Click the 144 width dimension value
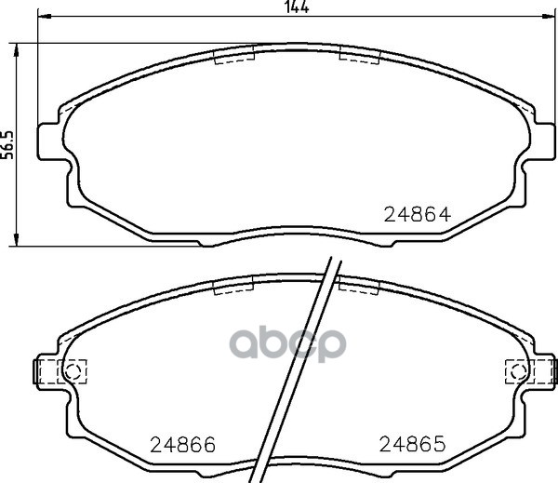tap(298, 7)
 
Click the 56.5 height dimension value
tap(7, 145)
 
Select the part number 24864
tap(418, 215)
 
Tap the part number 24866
tap(183, 445)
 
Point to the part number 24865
tap(412, 444)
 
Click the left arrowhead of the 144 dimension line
tap(45, 16)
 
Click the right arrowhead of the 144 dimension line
tap(548, 16)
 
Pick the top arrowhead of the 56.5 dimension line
tap(16, 50)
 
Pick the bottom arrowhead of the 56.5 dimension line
tap(16, 239)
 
